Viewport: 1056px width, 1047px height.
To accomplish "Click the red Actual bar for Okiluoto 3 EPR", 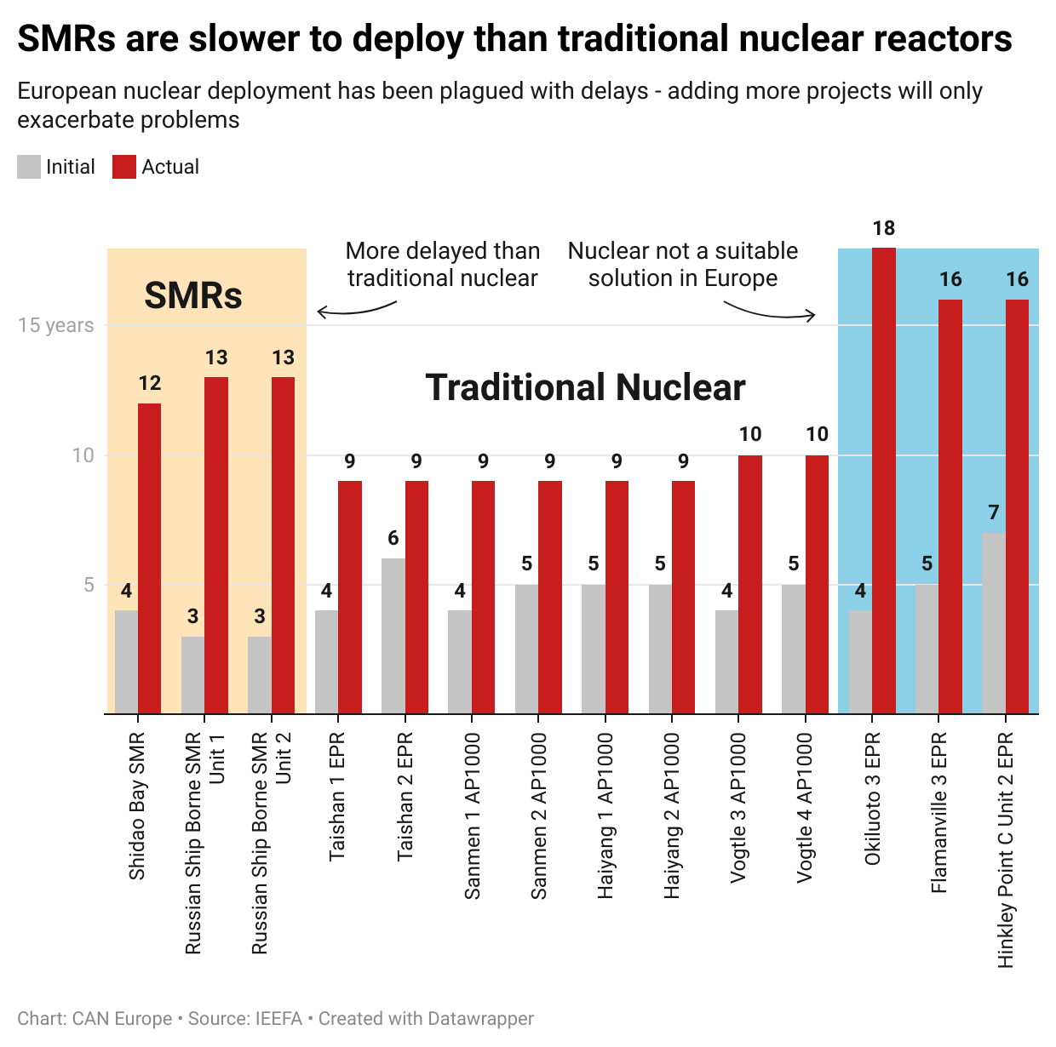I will pos(884,481).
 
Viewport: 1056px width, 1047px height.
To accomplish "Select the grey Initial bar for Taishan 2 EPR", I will pos(393,636).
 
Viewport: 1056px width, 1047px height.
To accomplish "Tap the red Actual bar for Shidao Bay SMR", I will pos(149,558).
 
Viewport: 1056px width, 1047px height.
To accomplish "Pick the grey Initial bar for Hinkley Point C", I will pos(993,623).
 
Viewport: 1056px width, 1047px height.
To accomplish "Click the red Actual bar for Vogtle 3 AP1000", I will pos(749,585).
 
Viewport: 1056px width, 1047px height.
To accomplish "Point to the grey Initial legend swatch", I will pos(29,167).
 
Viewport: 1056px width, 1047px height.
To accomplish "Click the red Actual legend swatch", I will pos(124,167).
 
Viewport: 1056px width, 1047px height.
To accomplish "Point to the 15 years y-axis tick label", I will pos(55,325).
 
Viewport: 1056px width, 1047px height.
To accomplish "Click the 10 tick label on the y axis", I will pos(83,455).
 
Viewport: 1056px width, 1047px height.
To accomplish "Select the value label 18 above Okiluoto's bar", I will pos(884,228).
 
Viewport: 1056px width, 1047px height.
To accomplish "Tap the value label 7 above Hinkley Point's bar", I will pos(993,512).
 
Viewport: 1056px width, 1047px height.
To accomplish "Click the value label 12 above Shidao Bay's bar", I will pos(150,383).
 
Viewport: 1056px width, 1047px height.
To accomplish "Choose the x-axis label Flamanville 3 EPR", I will pos(938,812).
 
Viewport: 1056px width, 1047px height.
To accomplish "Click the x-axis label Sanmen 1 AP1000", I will pos(473,815).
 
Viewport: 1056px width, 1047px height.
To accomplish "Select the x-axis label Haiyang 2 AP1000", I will pos(673,815).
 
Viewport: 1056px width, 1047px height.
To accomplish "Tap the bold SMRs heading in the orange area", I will pos(193,295).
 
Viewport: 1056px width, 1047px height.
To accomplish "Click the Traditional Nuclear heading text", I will pos(585,387).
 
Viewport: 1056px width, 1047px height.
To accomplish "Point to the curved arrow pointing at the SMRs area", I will pos(356,310).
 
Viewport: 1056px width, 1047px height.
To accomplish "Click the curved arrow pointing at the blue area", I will pos(770,312).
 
